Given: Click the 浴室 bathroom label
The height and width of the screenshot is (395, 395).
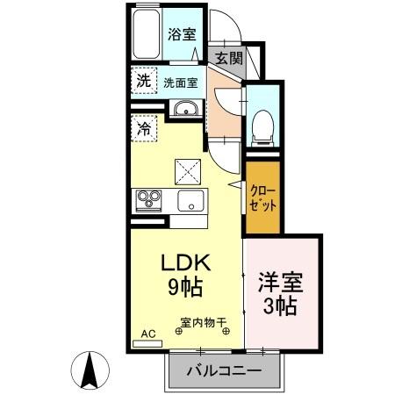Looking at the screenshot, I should (x=182, y=34).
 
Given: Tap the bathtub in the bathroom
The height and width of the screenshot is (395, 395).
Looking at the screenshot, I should (x=147, y=35).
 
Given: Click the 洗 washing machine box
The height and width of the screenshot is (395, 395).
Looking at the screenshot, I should (x=143, y=79).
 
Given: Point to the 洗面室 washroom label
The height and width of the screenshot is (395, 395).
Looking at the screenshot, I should (x=180, y=83).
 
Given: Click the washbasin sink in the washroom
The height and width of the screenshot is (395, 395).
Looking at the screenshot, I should (x=185, y=109).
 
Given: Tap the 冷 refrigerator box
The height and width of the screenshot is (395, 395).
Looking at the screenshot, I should (x=144, y=127).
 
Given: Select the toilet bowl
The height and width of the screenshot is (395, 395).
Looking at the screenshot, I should (x=261, y=127).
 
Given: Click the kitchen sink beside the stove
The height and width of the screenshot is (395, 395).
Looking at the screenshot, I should (x=190, y=200).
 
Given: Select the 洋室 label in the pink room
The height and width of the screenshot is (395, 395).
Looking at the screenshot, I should (x=280, y=284).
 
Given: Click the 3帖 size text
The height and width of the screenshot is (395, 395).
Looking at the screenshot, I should (x=280, y=307).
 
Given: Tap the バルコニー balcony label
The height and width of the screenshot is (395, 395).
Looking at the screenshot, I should (x=224, y=371).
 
